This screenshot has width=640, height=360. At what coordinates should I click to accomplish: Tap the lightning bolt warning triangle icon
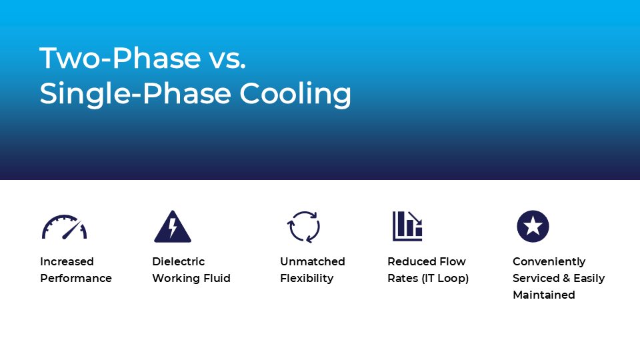(x=173, y=227)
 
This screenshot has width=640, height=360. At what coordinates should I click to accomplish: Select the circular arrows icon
(x=304, y=227)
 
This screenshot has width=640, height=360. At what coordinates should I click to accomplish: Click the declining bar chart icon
(x=407, y=226)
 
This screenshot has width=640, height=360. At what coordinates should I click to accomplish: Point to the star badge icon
(x=533, y=226)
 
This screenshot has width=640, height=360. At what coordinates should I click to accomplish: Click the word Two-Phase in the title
(x=120, y=57)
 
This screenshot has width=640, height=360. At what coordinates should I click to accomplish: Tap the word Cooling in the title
(x=295, y=94)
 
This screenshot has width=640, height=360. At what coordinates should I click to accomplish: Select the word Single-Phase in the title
(x=136, y=94)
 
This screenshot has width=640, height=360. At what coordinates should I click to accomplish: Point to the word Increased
(x=67, y=261)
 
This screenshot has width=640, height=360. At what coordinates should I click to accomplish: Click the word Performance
(x=76, y=279)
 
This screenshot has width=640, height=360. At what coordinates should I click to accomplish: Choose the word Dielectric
(x=179, y=261)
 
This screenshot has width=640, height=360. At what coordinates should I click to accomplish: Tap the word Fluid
(x=217, y=279)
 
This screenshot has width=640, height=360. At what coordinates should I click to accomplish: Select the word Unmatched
(x=313, y=261)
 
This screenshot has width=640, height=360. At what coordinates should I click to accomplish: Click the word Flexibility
(x=307, y=279)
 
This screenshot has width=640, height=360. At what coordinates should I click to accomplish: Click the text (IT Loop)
(x=445, y=279)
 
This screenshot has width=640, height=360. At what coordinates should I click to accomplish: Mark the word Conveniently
(x=549, y=262)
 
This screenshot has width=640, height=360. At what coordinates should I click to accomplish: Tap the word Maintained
(x=544, y=295)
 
